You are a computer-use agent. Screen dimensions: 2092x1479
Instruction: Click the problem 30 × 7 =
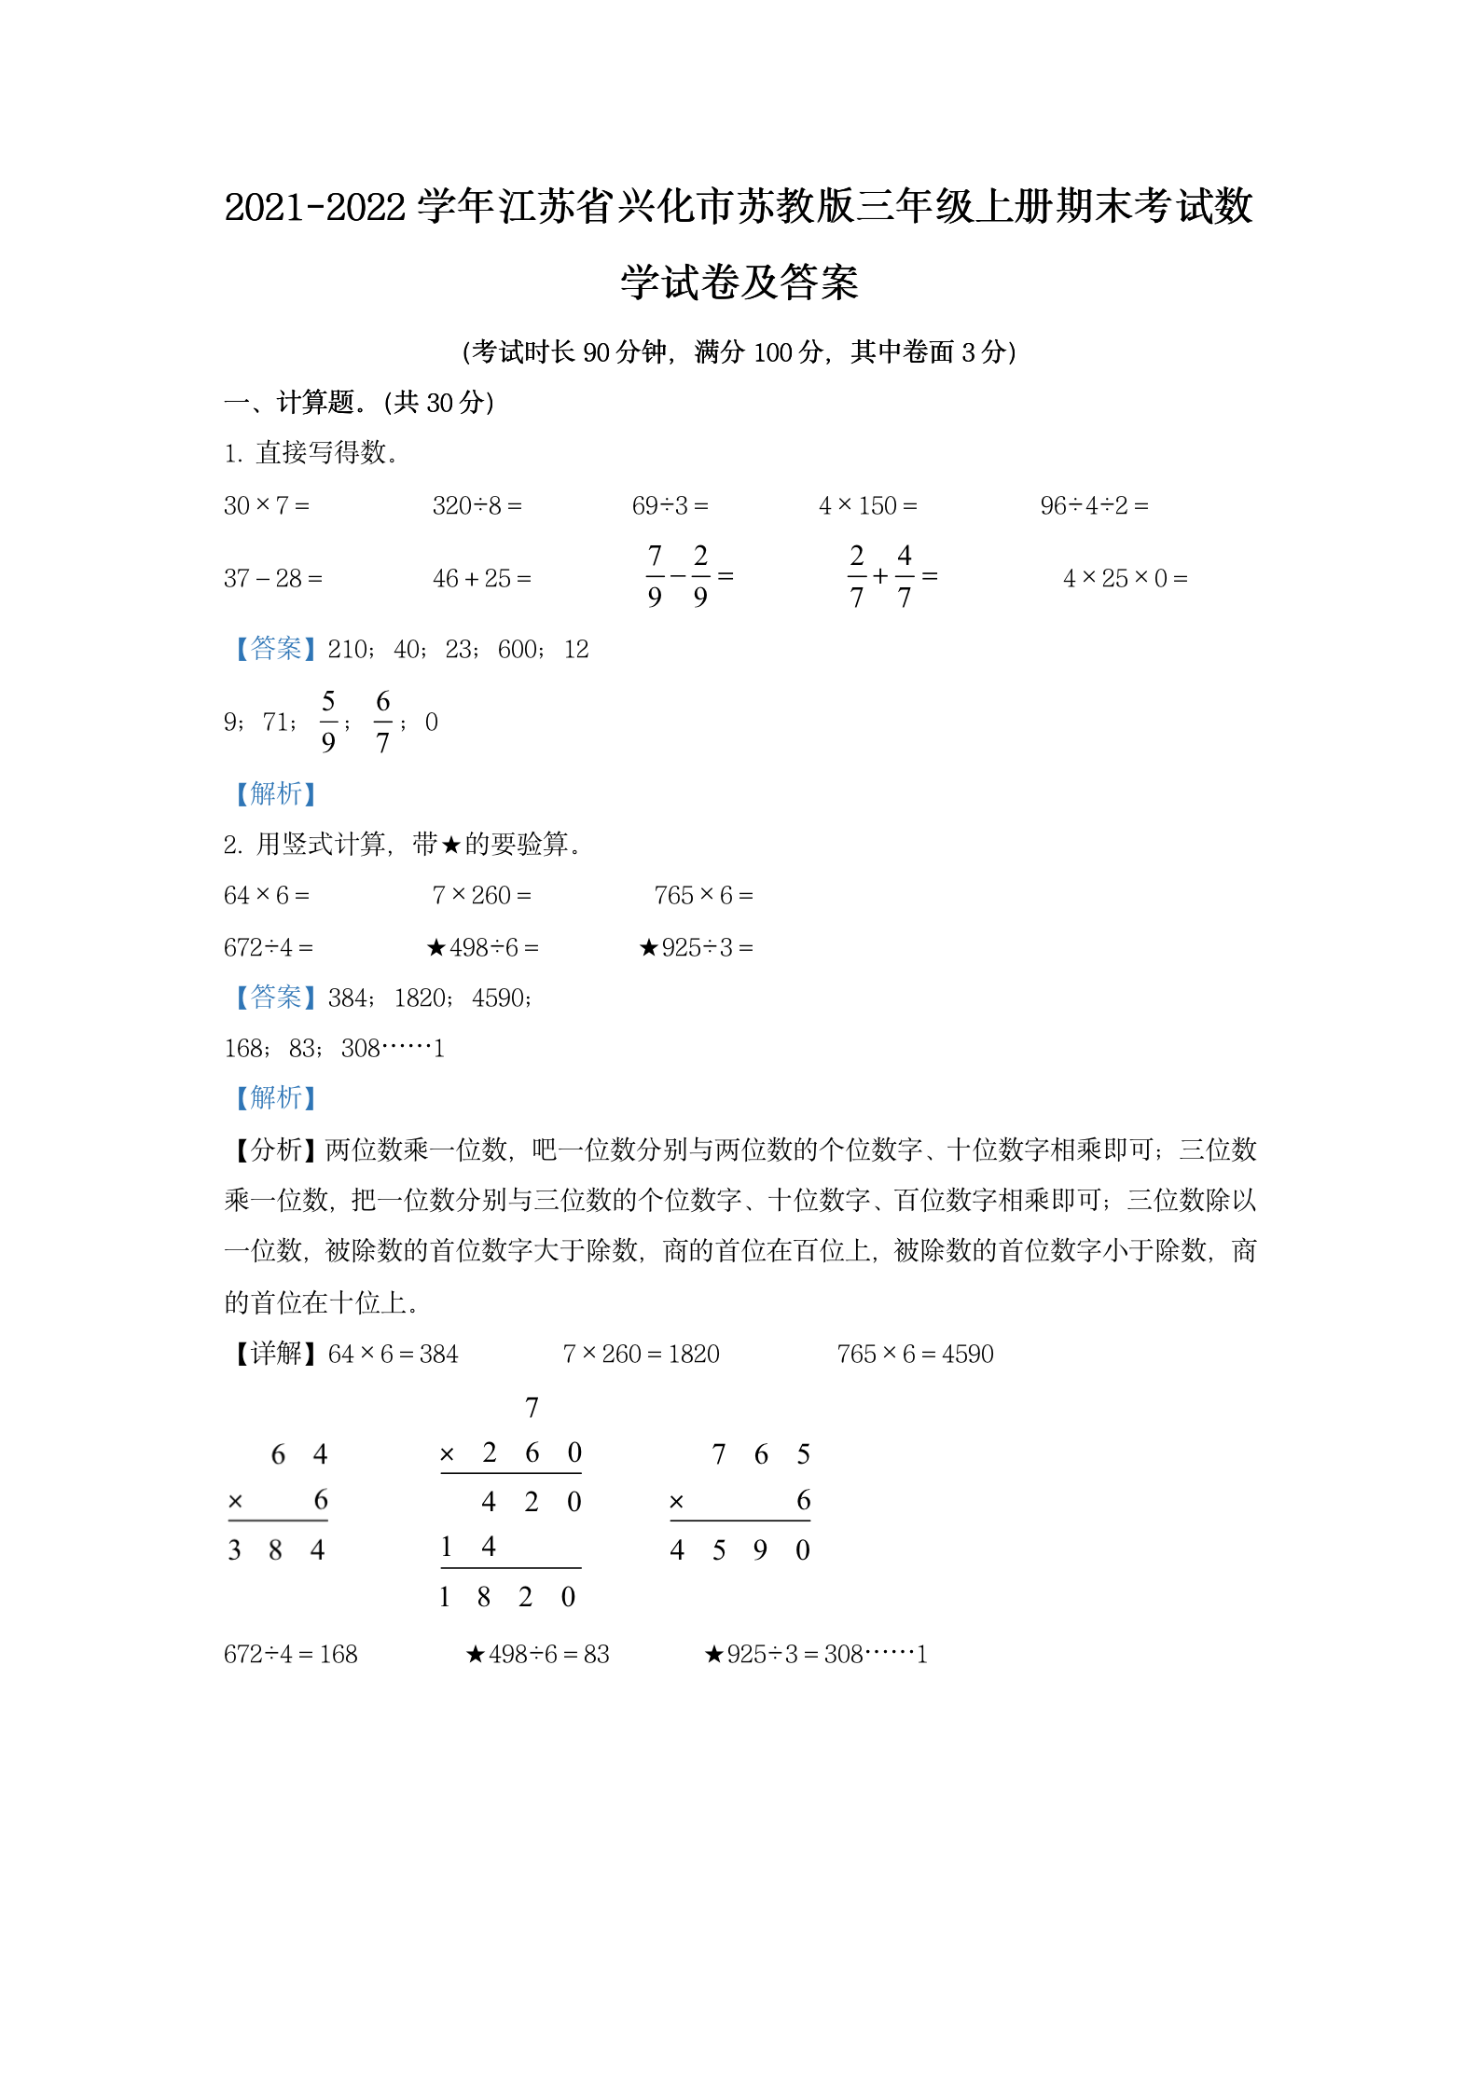point(266,505)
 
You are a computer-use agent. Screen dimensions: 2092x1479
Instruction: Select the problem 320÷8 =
point(477,505)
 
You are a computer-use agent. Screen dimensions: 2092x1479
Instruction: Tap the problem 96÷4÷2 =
point(1094,505)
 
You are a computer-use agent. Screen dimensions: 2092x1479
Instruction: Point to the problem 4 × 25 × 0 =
point(1125,578)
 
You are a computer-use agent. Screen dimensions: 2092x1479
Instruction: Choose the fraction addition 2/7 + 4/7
point(892,576)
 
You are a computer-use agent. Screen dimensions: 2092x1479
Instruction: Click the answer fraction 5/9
point(328,722)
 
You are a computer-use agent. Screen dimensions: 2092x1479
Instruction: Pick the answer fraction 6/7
point(382,722)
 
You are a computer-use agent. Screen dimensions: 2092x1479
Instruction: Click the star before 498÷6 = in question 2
point(435,948)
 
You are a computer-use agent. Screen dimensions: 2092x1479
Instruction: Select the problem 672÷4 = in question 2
point(268,947)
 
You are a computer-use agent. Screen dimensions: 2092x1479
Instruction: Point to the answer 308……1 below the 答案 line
point(393,1048)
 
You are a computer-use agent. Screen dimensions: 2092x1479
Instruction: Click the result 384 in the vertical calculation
point(276,1549)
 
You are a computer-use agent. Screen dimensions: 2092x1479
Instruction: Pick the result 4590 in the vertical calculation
point(739,1549)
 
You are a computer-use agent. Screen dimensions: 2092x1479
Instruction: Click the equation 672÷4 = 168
point(290,1654)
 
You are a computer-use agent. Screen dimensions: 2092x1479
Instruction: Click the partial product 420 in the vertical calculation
point(531,1501)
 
